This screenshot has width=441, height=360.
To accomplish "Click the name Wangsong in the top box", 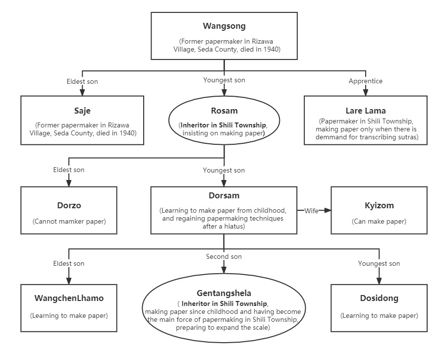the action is [224, 26].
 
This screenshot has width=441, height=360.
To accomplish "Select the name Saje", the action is [82, 111].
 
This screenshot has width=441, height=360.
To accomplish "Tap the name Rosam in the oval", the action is [224, 111].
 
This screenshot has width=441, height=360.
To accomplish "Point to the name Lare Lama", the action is [366, 111].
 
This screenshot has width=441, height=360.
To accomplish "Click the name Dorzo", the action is [69, 205].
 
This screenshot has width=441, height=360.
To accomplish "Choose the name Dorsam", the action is [224, 196].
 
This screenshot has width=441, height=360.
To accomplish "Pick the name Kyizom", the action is [379, 205].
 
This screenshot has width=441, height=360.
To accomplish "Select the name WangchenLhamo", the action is [69, 298].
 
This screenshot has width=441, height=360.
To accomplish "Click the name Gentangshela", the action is [224, 293].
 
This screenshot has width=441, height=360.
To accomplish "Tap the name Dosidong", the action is [379, 298].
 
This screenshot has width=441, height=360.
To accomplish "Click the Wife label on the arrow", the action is [311, 211].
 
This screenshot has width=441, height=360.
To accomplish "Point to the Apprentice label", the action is [366, 81].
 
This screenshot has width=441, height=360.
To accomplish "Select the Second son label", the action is [224, 256].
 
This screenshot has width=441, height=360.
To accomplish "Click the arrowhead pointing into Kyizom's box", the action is [328, 210].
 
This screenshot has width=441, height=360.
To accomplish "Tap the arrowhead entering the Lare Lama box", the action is [366, 93].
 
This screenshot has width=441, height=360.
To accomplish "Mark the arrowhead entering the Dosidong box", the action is [379, 281].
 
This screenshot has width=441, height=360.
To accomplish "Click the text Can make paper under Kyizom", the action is [379, 221].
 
